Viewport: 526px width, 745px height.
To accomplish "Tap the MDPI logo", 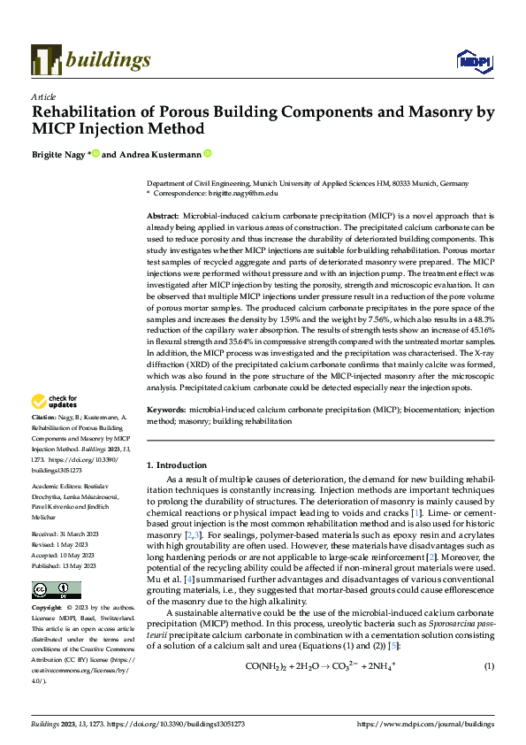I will [473, 60].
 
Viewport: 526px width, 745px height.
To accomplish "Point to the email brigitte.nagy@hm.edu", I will [241, 192].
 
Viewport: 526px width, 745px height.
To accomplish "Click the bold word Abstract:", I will [163, 216].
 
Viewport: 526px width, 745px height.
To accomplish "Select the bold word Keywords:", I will [165, 411].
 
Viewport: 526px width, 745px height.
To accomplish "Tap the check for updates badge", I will [56, 402].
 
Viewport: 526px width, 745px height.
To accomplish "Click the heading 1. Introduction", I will [177, 465].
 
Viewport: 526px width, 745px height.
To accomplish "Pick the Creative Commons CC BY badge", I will [56, 590].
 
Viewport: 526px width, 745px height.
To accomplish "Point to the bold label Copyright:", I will [48, 609].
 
